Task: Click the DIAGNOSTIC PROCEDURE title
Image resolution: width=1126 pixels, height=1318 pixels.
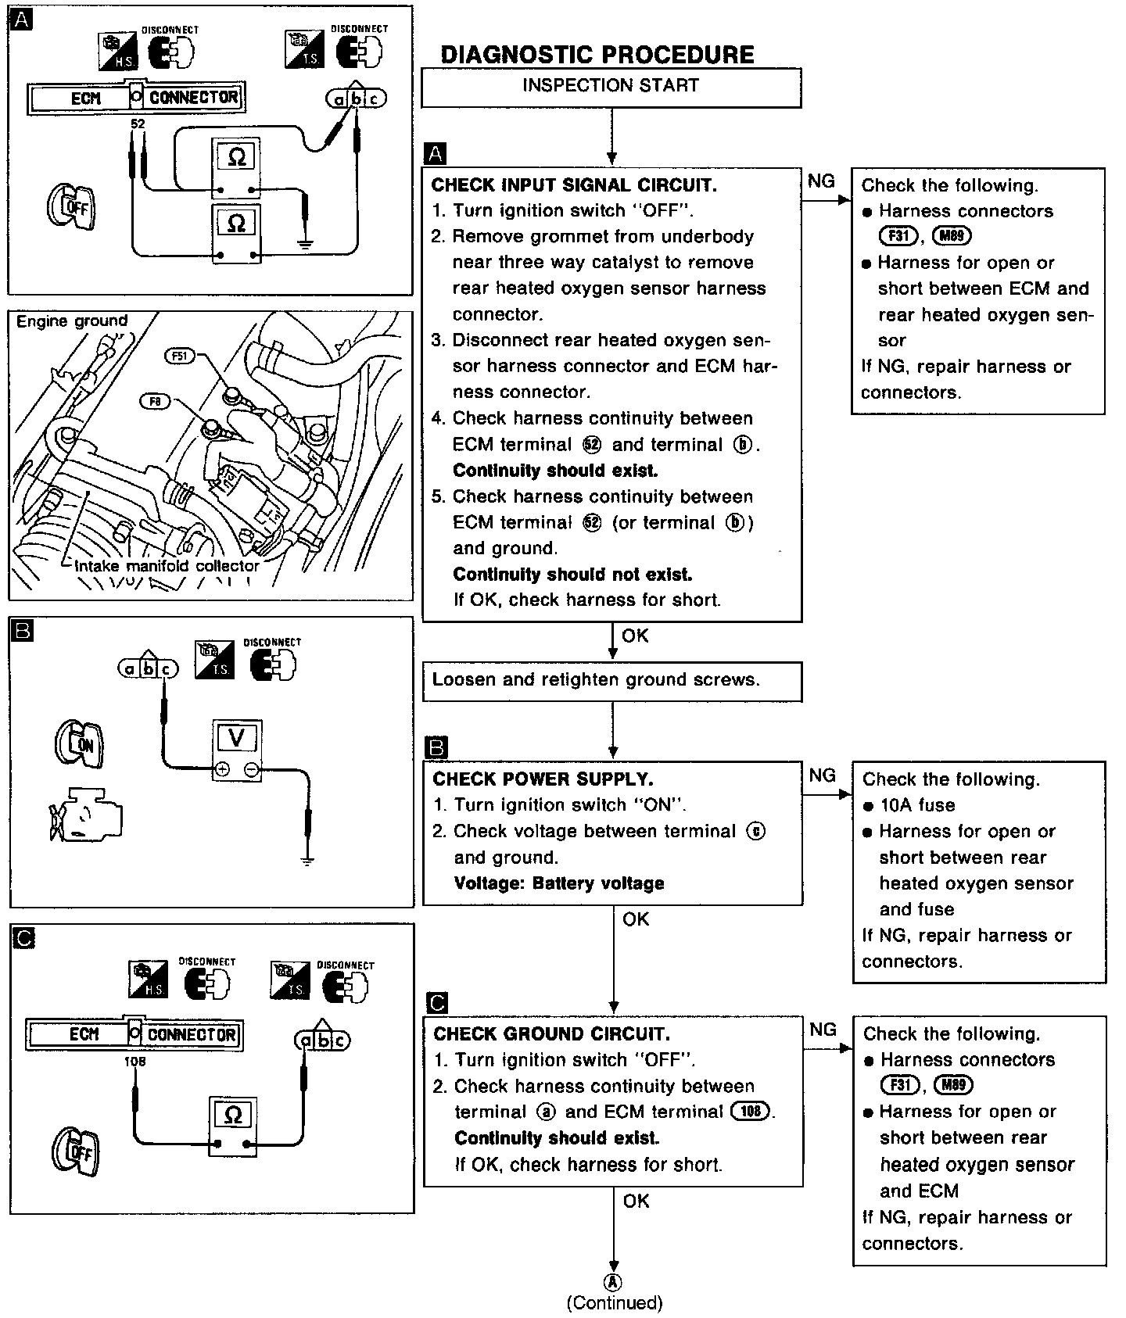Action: pos(597,55)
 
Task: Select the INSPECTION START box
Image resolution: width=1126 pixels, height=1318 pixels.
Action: pos(611,86)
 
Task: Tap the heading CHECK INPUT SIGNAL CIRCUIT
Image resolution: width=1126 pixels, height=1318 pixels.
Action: pos(574,185)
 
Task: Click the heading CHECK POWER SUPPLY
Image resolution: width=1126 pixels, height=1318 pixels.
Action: pos(543,779)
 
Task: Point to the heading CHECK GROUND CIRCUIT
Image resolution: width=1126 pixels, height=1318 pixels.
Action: pos(551,1033)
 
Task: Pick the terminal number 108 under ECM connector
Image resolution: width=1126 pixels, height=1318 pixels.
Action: pos(134,1062)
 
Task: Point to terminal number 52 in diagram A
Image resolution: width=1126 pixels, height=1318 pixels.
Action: pos(138,124)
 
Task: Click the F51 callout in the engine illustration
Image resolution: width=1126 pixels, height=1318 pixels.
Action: pos(180,356)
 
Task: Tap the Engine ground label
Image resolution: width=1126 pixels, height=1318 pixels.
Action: pos(72,321)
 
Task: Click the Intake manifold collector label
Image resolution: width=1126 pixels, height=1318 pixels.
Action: pos(167,566)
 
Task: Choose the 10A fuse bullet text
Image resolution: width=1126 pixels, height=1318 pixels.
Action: pos(917,805)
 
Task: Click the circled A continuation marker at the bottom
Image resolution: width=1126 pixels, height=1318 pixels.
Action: pos(614,1281)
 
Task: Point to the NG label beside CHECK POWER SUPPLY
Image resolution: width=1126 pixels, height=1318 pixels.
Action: pos(823,775)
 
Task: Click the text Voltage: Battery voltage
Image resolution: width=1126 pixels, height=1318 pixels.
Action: pos(559,883)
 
